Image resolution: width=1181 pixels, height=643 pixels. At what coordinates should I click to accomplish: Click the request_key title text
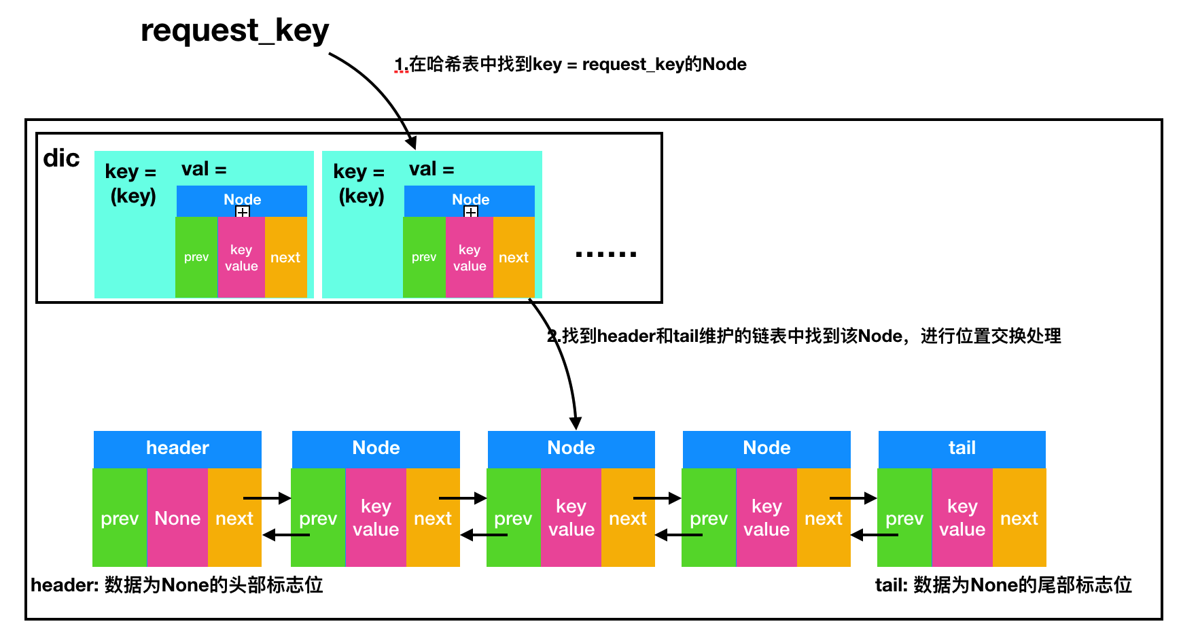(x=234, y=31)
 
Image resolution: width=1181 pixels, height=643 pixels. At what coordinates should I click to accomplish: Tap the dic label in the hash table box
(x=61, y=158)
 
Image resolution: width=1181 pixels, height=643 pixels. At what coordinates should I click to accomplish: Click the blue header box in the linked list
(x=177, y=448)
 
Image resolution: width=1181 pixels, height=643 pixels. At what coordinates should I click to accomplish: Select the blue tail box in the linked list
(x=962, y=448)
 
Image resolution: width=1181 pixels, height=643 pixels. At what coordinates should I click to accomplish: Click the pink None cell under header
(x=177, y=518)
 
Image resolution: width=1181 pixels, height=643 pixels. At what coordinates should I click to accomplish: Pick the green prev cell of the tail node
(x=904, y=518)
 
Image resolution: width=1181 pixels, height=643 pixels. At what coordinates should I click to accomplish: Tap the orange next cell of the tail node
(x=1019, y=518)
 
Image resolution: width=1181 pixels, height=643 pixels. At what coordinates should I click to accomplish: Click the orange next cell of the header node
(x=234, y=518)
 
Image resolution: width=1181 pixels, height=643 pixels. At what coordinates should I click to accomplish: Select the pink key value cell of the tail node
(x=962, y=518)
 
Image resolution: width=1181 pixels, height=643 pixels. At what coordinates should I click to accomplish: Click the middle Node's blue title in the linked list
(x=571, y=448)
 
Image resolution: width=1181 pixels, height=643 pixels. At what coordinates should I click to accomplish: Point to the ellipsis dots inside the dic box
(x=605, y=254)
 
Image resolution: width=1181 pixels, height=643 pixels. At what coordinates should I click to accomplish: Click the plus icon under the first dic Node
(x=243, y=212)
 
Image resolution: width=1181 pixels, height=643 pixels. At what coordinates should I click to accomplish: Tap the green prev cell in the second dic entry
(x=424, y=257)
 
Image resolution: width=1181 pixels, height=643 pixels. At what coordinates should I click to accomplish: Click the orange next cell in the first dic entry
(x=285, y=257)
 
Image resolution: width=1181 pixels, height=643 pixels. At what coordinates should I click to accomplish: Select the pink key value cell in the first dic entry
(x=241, y=257)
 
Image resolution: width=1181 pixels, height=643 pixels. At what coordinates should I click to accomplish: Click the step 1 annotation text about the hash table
(x=571, y=65)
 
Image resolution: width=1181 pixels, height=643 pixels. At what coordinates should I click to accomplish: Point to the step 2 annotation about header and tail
(x=805, y=336)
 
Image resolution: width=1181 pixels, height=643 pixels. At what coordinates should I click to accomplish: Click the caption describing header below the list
(x=177, y=585)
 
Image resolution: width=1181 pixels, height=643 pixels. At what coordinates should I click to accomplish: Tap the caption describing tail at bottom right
(x=1003, y=585)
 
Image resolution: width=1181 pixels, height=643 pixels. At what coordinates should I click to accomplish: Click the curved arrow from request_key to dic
(x=381, y=88)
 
